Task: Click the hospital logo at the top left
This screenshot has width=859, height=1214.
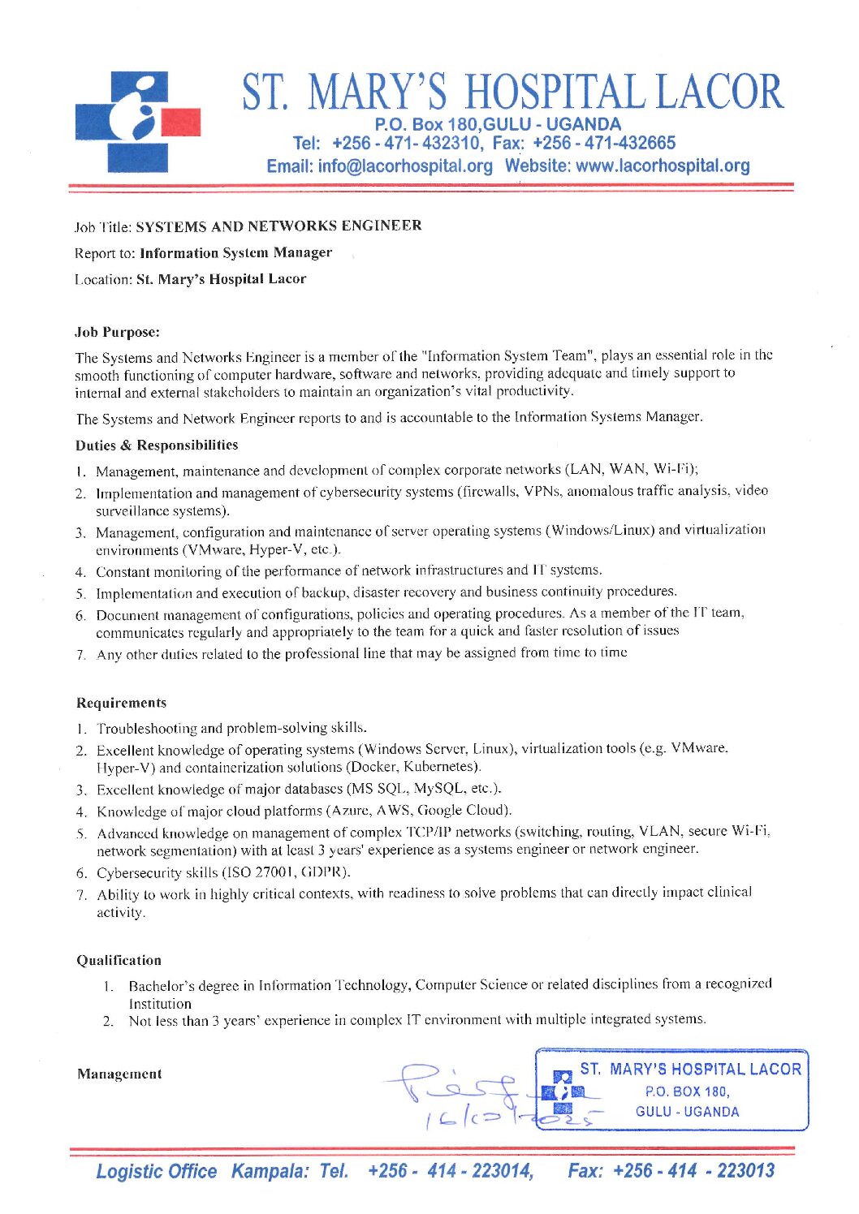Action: tap(138, 122)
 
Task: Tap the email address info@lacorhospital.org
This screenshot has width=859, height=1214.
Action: tap(405, 166)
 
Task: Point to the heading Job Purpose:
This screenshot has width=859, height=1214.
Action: tap(118, 332)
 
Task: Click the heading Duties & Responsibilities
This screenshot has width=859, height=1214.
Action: tap(157, 445)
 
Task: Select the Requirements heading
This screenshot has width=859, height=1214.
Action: tap(122, 703)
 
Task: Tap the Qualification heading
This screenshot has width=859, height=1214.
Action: tap(119, 960)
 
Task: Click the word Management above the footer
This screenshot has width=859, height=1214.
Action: tap(119, 1074)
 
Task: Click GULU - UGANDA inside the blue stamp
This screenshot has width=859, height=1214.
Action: tap(687, 1112)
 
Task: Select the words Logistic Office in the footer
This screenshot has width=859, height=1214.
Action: tap(157, 1171)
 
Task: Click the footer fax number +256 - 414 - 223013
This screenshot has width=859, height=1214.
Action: tap(693, 1170)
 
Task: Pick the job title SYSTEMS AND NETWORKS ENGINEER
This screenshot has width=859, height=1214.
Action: tap(278, 226)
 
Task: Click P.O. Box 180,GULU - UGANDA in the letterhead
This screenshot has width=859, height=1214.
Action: tap(498, 125)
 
